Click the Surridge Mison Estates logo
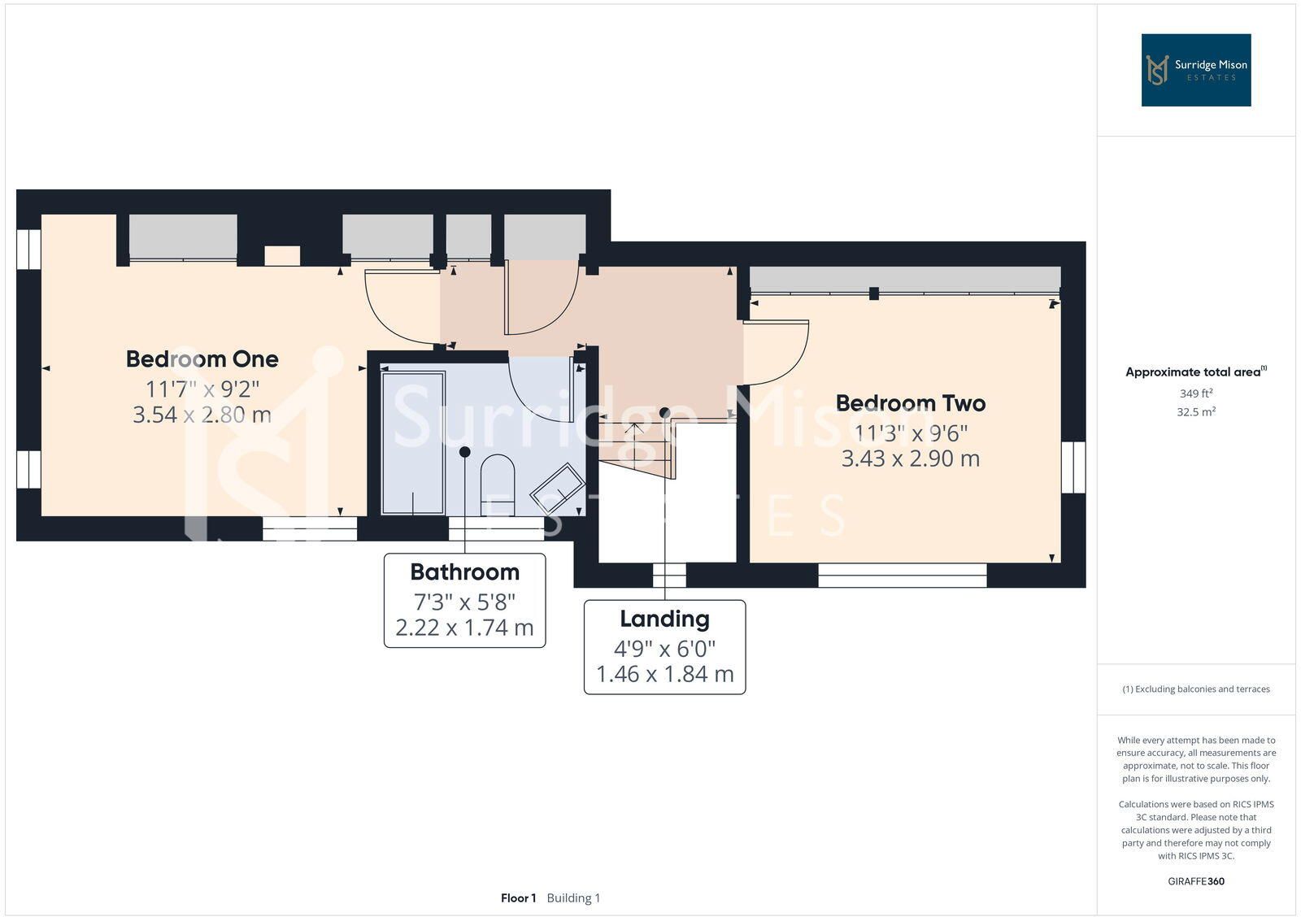pyautogui.click(x=1196, y=70)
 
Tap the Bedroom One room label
pyautogui.click(x=202, y=359)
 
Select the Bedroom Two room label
pyautogui.click(x=911, y=403)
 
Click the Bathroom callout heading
pyautogui.click(x=464, y=572)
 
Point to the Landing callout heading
pyautogui.click(x=664, y=619)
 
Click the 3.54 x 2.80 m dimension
pyautogui.click(x=202, y=415)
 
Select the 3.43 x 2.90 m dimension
pyautogui.click(x=911, y=458)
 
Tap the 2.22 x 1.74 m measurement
pyautogui.click(x=464, y=628)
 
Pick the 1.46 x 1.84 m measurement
pyautogui.click(x=665, y=674)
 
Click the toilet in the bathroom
pyautogui.click(x=498, y=485)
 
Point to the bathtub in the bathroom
pyautogui.click(x=413, y=443)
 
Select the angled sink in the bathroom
pyautogui.click(x=558, y=488)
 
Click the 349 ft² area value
pyautogui.click(x=1196, y=393)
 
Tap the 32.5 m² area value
pyautogui.click(x=1196, y=411)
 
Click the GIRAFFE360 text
pyautogui.click(x=1196, y=881)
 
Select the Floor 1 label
pyautogui.click(x=518, y=897)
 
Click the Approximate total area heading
pyautogui.click(x=1196, y=372)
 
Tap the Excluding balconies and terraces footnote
pyautogui.click(x=1196, y=689)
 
